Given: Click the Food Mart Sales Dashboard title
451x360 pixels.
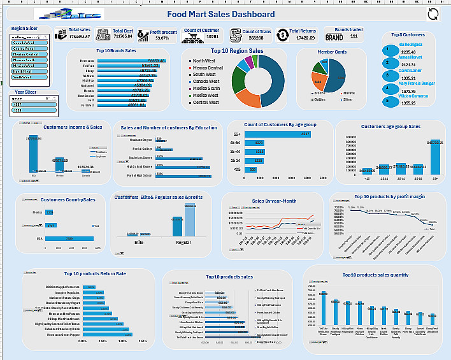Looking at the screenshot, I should (221, 14).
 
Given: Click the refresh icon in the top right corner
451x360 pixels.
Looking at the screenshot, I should (433, 15).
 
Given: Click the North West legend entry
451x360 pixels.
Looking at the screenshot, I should (206, 61).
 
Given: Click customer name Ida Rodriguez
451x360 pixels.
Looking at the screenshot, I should (410, 44).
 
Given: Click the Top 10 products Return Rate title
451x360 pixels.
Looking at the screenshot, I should (99, 273).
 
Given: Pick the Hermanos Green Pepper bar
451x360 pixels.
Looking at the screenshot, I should (105, 334).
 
